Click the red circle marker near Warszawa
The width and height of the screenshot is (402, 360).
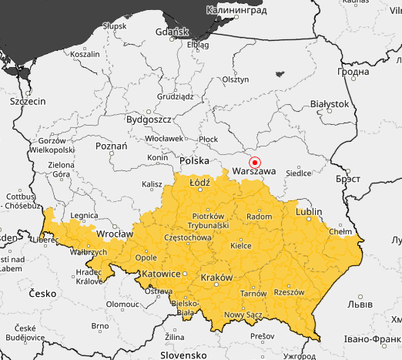(x=256, y=163)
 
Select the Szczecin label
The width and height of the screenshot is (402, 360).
(x=28, y=101)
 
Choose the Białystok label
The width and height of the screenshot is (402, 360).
(x=328, y=103)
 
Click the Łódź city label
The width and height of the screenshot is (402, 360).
(x=199, y=183)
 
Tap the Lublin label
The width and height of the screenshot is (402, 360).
(x=309, y=210)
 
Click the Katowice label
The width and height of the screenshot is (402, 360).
(x=160, y=274)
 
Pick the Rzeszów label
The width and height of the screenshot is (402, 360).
(x=290, y=292)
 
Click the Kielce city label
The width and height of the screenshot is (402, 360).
(x=241, y=246)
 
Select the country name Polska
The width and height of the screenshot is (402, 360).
(x=194, y=160)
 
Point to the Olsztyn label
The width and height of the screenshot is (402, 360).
(x=236, y=79)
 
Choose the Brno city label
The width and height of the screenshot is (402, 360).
(x=99, y=326)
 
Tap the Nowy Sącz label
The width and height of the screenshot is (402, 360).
(x=244, y=315)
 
